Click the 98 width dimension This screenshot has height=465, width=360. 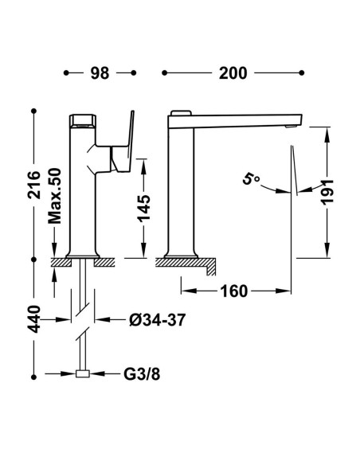click(x=100, y=73)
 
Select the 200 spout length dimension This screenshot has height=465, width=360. click(x=233, y=73)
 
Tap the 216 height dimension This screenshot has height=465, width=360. click(x=33, y=185)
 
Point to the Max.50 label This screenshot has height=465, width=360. click(x=55, y=196)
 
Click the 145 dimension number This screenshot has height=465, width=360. click(x=144, y=208)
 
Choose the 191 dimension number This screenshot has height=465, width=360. click(x=327, y=192)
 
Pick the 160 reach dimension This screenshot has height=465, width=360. click(x=234, y=291)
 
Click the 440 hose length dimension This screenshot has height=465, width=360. click(x=33, y=318)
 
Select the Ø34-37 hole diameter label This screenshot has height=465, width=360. click(x=158, y=320)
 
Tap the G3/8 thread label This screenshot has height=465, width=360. click(x=142, y=374)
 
